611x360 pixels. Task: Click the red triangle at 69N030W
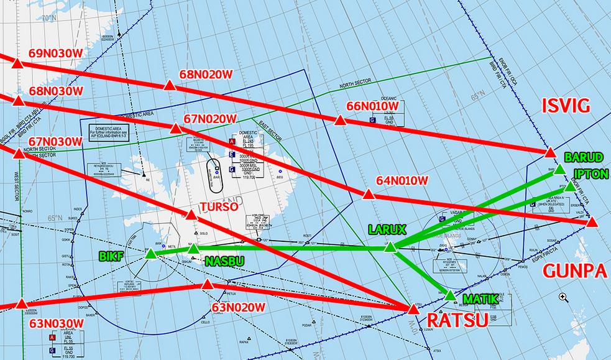coord(17,63)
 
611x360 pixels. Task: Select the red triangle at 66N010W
coord(339,121)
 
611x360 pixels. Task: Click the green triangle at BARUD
coord(559,169)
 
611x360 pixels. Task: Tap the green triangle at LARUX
coord(390,247)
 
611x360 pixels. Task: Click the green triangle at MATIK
coord(451,295)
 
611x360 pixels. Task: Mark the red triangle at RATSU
coord(413,308)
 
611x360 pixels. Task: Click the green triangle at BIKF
coord(150,254)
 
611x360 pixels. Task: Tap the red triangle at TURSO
coord(191,216)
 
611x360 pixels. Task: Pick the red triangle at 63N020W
coord(208,285)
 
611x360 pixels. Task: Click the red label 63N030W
coord(56,323)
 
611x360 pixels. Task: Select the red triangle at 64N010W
coord(368,195)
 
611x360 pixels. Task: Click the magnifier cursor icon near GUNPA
coord(563,297)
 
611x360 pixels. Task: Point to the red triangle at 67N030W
coord(19,153)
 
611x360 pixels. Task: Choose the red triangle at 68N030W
coord(19,101)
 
